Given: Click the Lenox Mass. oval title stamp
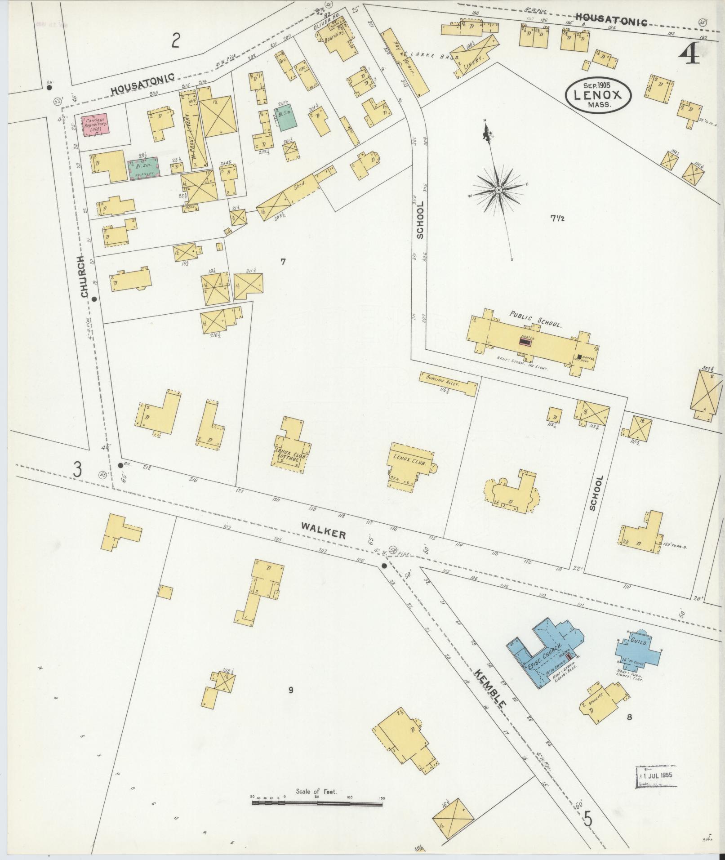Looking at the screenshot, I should pos(599,94).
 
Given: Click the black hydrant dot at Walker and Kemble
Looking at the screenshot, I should pos(384,566).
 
